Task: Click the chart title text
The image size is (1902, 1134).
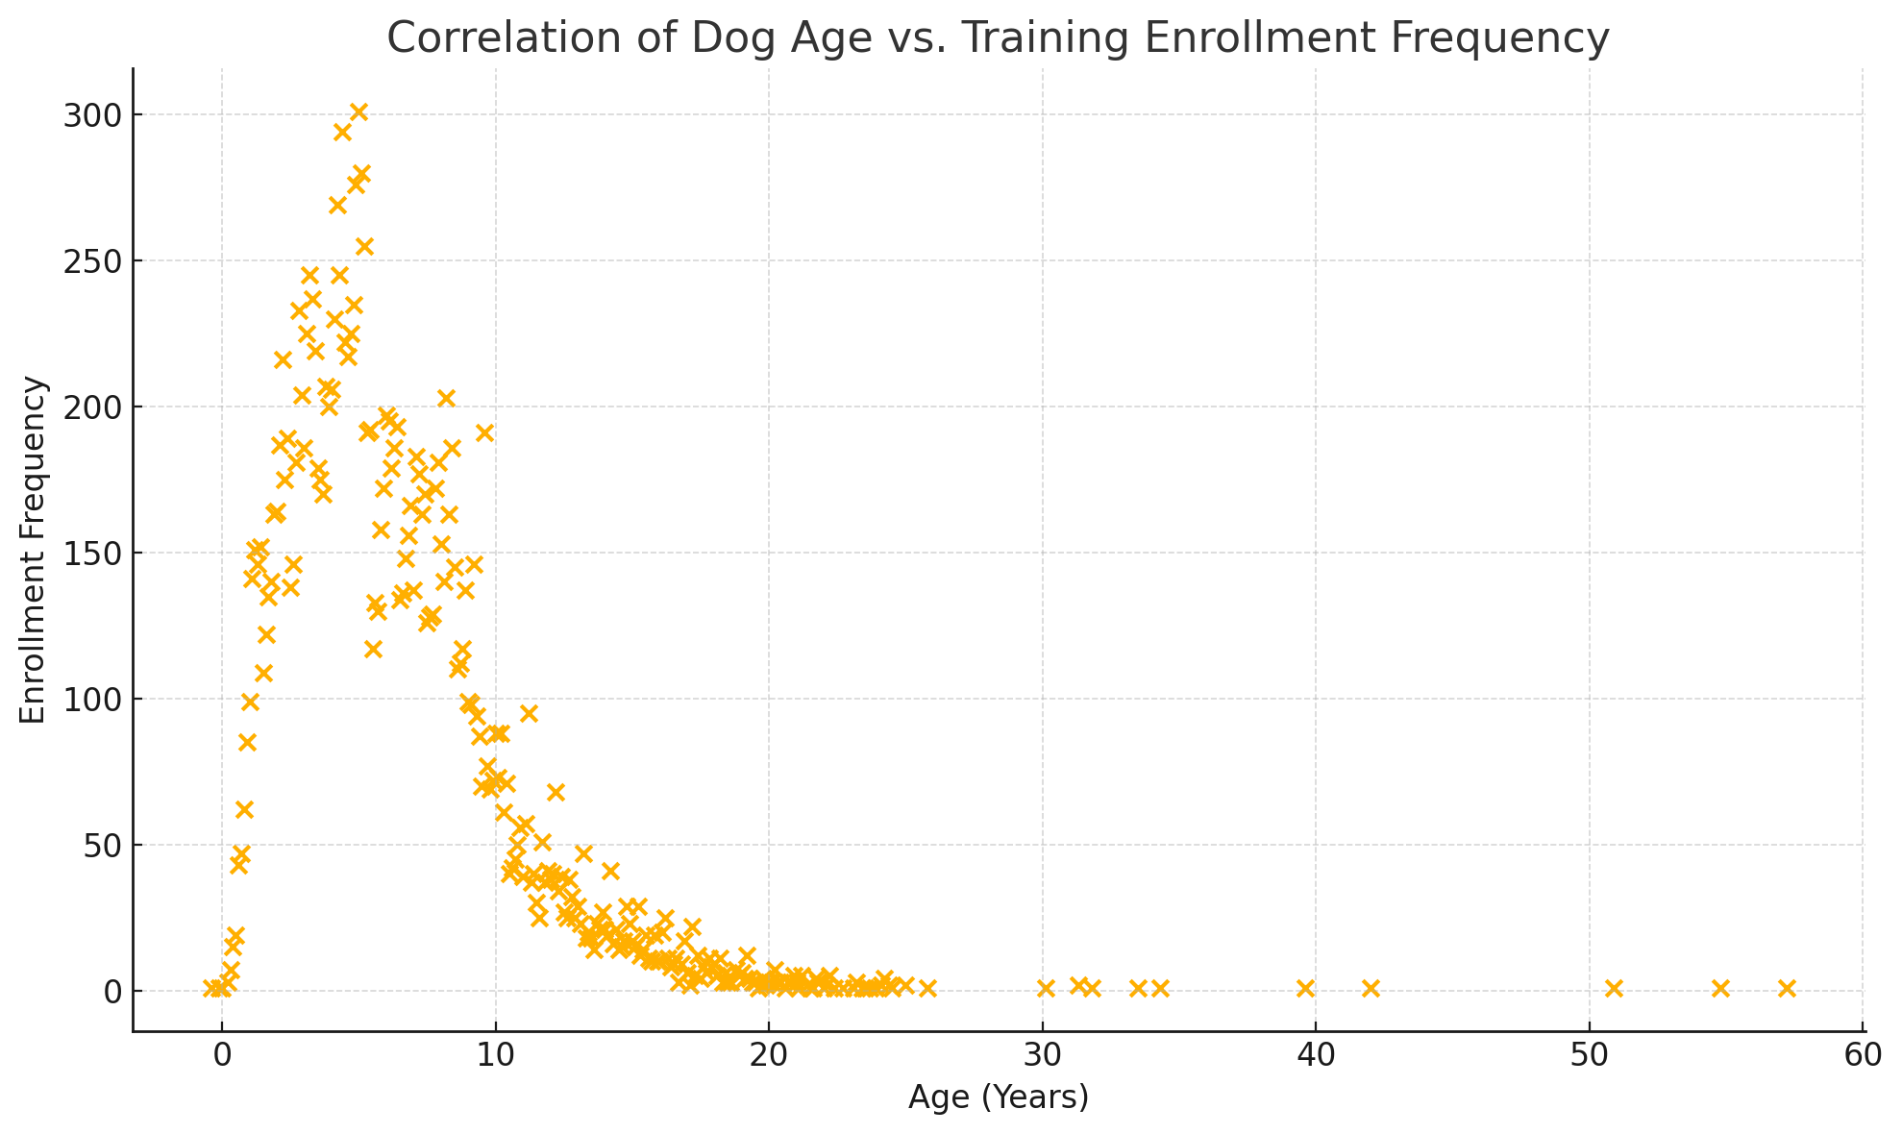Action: [998, 38]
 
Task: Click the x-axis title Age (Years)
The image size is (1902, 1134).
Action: [998, 1097]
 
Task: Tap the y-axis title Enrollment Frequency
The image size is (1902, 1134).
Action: [34, 550]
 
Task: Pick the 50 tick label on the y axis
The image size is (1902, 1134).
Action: [99, 846]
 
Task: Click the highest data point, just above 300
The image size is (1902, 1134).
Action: [358, 112]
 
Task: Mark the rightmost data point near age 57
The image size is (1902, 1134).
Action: [1787, 988]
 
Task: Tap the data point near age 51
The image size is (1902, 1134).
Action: [1614, 988]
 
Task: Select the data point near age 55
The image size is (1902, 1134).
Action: [1720, 988]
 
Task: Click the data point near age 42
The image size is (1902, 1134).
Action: [1371, 988]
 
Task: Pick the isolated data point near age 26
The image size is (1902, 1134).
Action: [927, 988]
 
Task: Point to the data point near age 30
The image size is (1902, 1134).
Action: [1046, 988]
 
